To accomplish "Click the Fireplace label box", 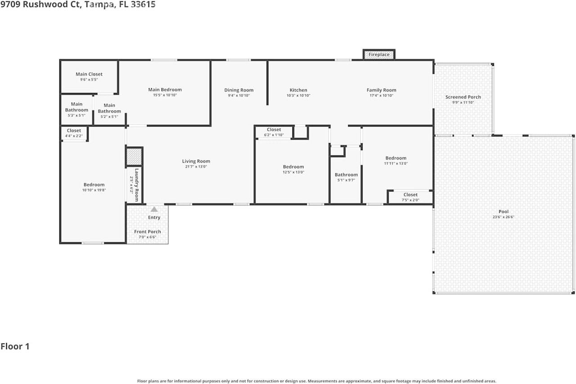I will click(x=379, y=54).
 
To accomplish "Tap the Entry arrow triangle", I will click(x=154, y=209).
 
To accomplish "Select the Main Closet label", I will click(x=89, y=74).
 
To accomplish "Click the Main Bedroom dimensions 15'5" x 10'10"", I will click(x=165, y=95).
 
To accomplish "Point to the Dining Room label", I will click(x=239, y=90).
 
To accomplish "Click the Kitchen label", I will click(x=298, y=90).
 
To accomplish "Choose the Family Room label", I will click(x=381, y=90).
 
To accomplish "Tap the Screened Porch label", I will click(x=463, y=97).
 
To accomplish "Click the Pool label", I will click(x=504, y=212).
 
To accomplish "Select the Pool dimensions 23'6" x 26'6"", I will click(x=504, y=217).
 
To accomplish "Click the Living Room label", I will click(x=196, y=161).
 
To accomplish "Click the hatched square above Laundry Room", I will click(x=134, y=157).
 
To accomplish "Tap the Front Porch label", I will click(x=147, y=232).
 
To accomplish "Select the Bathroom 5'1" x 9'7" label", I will click(x=346, y=175).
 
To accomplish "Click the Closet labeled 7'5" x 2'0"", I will click(x=410, y=195).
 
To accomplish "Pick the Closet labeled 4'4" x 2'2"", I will click(x=74, y=131).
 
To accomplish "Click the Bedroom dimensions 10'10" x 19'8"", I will click(x=94, y=190).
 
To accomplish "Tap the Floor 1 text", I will click(x=15, y=347).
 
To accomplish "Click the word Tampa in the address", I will click(x=99, y=5).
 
